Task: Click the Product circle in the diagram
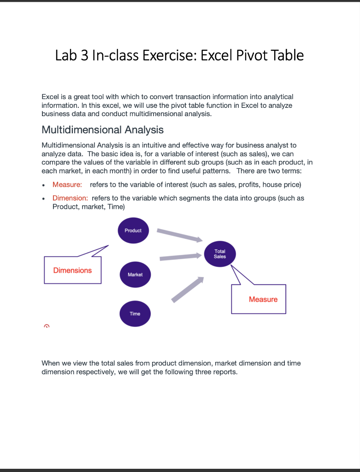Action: click(x=133, y=230)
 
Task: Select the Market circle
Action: click(x=135, y=274)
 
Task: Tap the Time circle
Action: click(x=135, y=313)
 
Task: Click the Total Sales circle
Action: click(x=220, y=254)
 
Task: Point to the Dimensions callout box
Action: click(x=72, y=270)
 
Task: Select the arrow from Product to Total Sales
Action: click(x=179, y=234)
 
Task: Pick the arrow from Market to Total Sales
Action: click(x=181, y=256)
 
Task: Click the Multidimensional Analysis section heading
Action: click(x=102, y=130)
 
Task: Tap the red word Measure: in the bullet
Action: click(x=67, y=185)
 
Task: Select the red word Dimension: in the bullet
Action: click(x=70, y=198)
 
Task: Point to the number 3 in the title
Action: click(x=84, y=55)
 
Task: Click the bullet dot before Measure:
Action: click(x=43, y=185)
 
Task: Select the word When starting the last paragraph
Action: click(x=50, y=363)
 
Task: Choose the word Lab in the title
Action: click(x=66, y=55)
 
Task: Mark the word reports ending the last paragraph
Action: click(x=225, y=372)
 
